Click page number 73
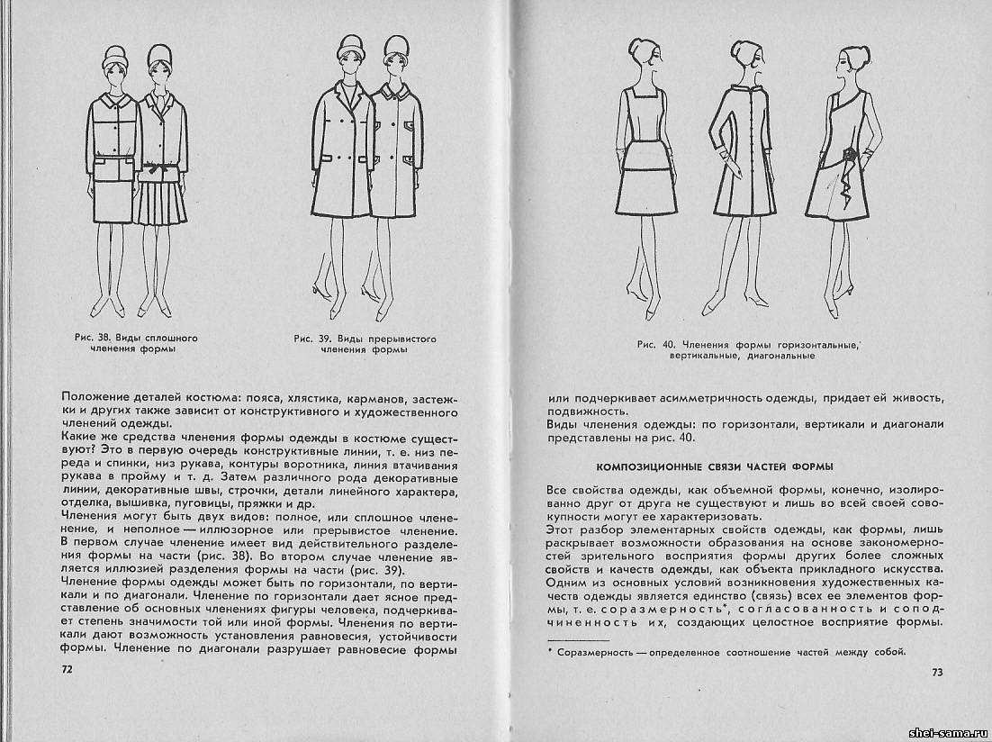[936, 672]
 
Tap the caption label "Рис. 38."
[94, 338]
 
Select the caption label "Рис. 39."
[311, 339]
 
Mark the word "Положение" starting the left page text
[94, 398]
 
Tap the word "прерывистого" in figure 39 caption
[402, 339]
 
